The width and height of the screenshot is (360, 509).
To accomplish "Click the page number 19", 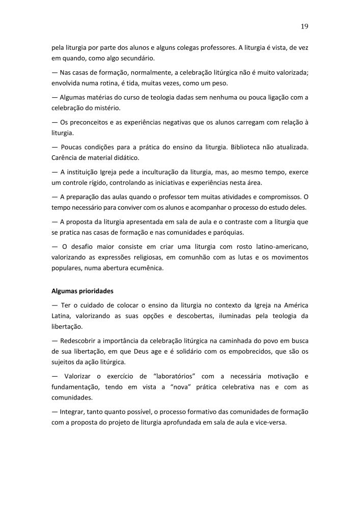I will coord(305,26).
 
